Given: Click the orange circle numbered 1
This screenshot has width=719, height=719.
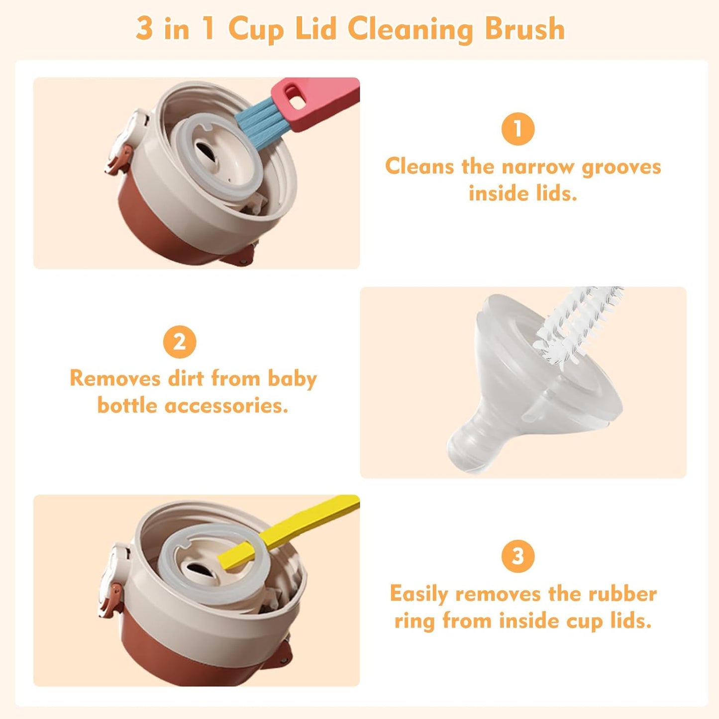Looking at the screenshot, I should (517, 129).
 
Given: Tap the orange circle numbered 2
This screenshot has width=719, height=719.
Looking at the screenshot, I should (180, 342).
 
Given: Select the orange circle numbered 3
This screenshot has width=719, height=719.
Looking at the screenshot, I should (517, 556).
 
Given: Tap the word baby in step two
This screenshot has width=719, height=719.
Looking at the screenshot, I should (292, 379).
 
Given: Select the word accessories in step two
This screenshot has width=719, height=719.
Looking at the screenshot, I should (226, 406).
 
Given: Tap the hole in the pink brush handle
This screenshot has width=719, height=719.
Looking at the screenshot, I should (297, 101).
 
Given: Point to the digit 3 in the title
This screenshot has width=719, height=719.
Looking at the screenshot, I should (144, 29).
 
